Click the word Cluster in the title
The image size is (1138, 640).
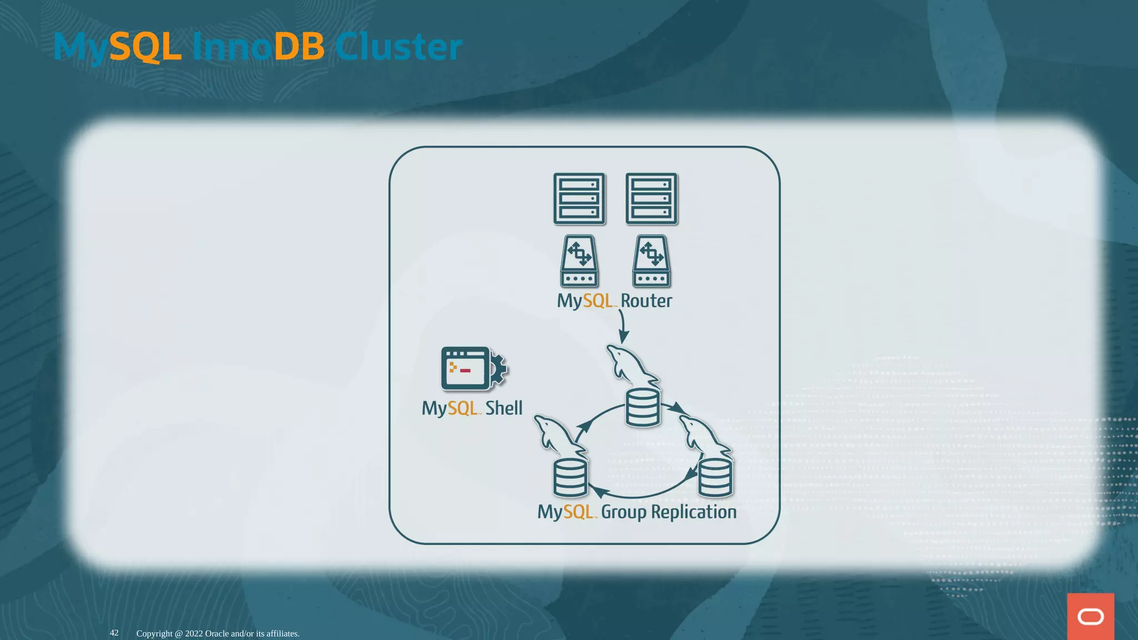(398, 47)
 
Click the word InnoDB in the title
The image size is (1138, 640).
(258, 47)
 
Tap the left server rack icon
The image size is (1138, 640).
(579, 198)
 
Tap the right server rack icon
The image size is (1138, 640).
(651, 198)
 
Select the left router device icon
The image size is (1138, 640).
(579, 261)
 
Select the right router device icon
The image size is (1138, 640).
(651, 261)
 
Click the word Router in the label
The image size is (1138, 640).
(646, 301)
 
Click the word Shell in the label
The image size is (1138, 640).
(503, 408)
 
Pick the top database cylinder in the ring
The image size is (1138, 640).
(642, 408)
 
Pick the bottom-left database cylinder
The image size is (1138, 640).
(570, 478)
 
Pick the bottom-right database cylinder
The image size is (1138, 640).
(715, 478)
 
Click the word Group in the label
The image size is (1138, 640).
(623, 512)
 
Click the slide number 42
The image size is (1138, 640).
(114, 633)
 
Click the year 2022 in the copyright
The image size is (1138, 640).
(194, 634)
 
